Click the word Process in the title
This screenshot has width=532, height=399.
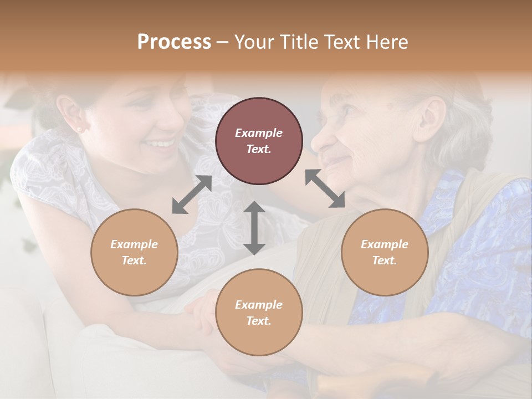coord(174,42)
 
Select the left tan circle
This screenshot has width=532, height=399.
coord(134,252)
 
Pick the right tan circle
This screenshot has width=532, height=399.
coord(384,252)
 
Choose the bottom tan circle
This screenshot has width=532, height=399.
coord(259,313)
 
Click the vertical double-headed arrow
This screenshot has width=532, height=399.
coord(254,228)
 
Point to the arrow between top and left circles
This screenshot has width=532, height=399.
coord(192,194)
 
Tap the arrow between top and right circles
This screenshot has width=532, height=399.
coord(325,188)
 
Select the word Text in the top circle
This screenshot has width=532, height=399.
coord(258,149)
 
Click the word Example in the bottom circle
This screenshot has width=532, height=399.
coord(259,305)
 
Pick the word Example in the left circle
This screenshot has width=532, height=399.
coord(134,244)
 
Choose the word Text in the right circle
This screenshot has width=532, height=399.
coord(384,260)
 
